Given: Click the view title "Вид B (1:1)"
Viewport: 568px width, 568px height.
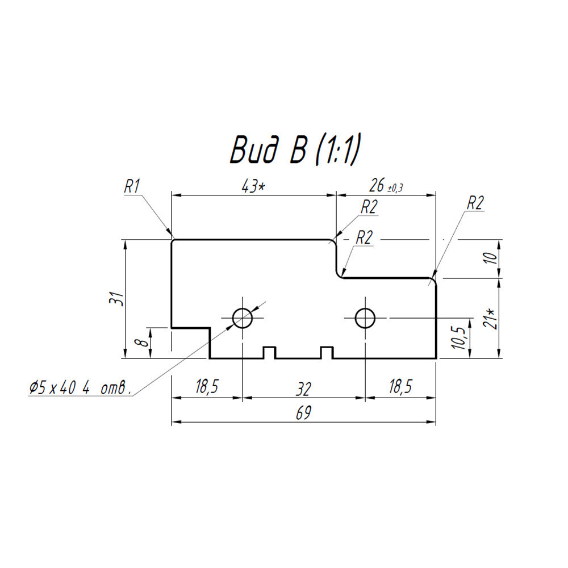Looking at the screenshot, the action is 295,151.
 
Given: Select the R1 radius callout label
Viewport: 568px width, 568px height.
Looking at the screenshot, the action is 132,187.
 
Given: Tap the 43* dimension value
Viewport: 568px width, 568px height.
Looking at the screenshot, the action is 253,186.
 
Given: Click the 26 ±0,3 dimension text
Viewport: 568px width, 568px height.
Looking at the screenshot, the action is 386,186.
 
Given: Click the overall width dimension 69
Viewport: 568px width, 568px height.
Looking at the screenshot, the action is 303,413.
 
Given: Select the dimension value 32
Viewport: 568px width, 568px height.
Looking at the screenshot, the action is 303,390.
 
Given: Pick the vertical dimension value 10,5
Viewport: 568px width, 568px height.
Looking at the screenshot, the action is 458,337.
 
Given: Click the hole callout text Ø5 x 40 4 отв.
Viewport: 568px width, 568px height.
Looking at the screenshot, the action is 81,389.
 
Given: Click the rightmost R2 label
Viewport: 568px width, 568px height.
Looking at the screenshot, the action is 475,203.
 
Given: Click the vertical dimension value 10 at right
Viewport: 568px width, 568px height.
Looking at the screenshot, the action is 491,258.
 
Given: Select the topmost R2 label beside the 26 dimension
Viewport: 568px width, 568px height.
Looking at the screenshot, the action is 369,207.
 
